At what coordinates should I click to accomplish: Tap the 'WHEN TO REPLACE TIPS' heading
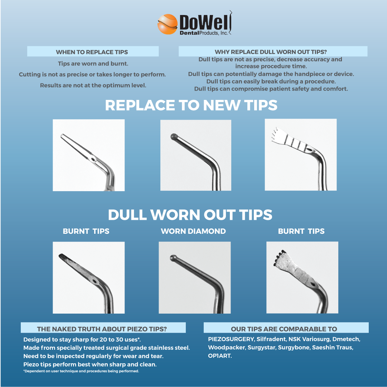pos(92,52)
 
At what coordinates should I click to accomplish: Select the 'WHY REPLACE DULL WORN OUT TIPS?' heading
pos(271,52)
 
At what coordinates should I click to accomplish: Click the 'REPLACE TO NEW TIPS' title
pos(191,105)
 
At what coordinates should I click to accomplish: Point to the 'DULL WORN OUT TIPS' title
pos(190,215)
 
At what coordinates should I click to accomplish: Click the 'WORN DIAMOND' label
pos(193,231)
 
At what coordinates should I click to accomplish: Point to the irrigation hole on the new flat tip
pos(93,159)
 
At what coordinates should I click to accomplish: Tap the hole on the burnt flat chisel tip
pos(95,282)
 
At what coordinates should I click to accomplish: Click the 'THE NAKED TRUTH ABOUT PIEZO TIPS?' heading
pos(102,329)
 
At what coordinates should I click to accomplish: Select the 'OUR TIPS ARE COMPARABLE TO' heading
pos(284,329)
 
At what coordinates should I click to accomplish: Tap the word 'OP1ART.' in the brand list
pos(220,356)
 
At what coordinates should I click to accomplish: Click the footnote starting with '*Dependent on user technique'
pos(81,371)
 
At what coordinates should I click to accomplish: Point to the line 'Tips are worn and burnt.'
pos(93,64)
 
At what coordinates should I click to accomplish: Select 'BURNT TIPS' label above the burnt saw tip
pos(301,231)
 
